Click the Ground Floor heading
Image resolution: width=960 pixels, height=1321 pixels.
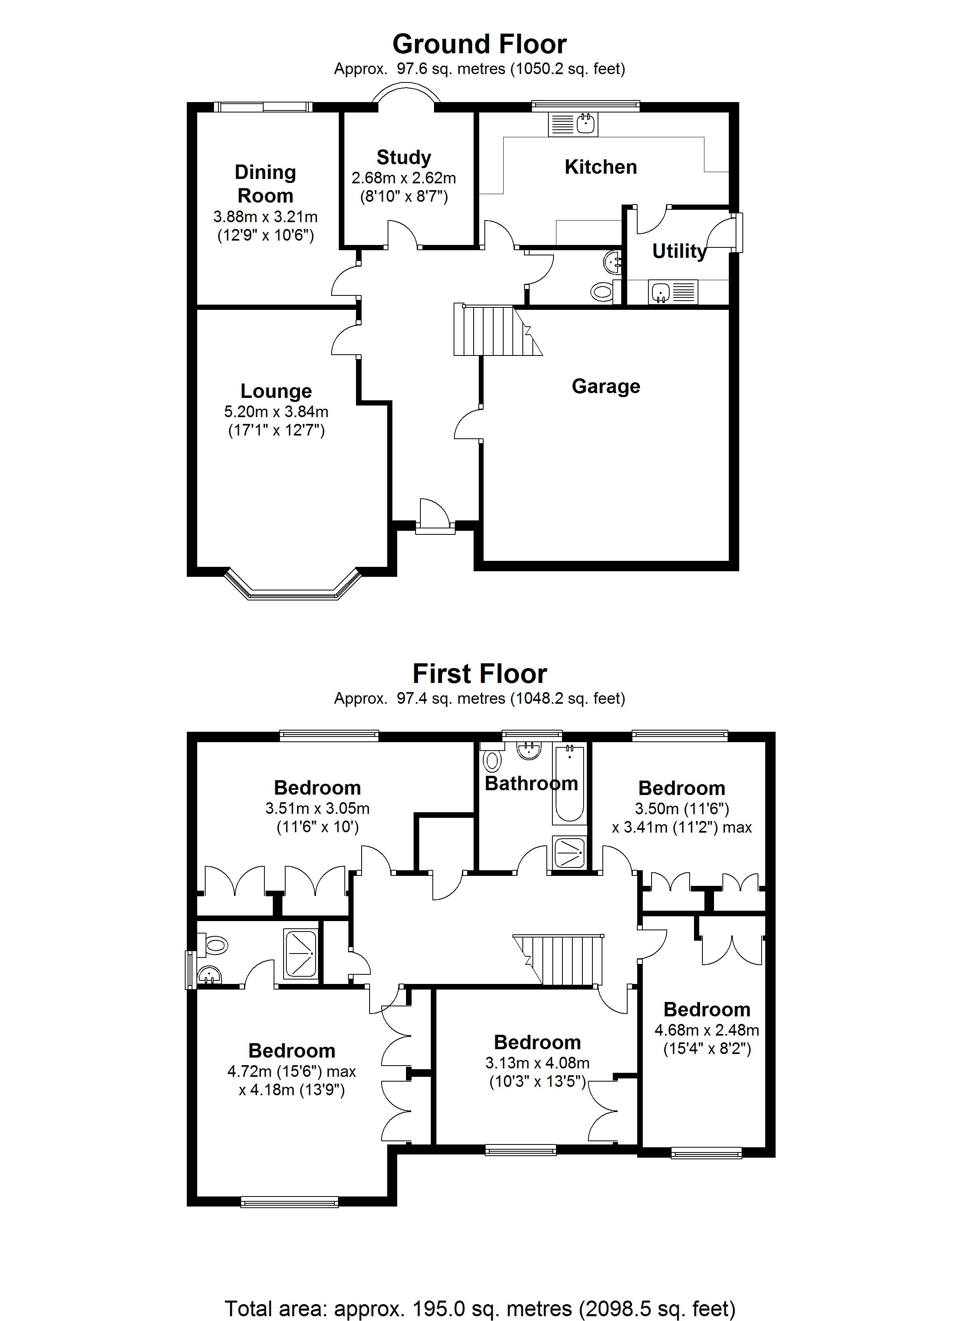coord(479,44)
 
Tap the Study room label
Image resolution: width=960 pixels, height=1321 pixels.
coord(404,157)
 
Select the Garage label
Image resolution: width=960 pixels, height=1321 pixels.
coord(606,386)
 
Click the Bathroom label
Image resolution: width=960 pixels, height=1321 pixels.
coord(531,784)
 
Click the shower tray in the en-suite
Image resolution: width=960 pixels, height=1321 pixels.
coord(301,954)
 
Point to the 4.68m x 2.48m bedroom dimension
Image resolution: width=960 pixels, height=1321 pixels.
coord(706,1030)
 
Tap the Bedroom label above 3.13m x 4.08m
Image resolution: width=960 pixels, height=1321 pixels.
coord(537,1042)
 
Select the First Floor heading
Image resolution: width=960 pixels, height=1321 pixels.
coord(479,674)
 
